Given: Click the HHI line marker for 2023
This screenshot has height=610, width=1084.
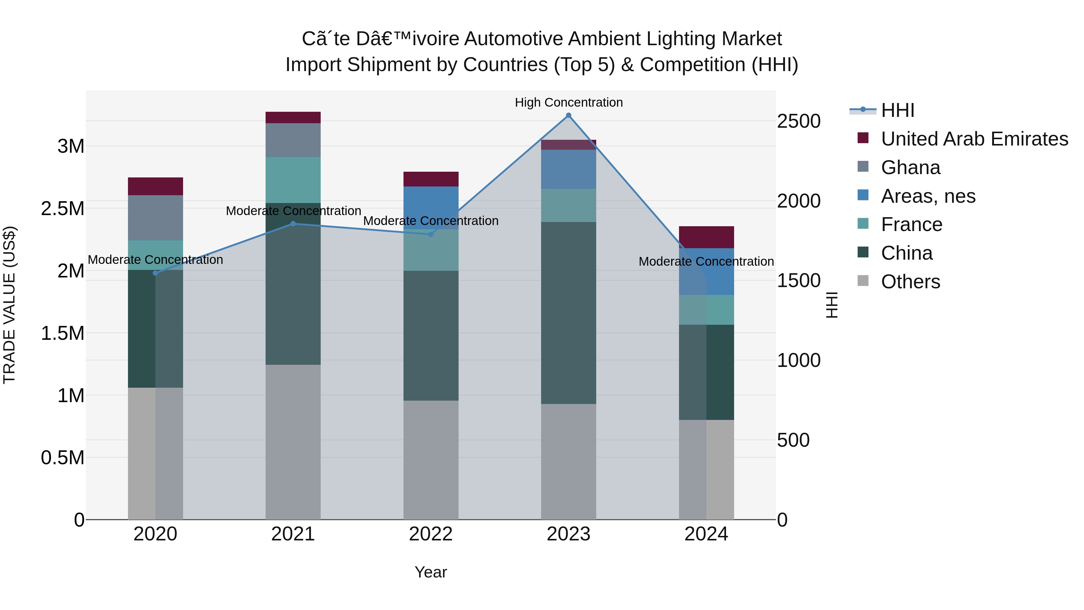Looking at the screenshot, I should pos(568,115).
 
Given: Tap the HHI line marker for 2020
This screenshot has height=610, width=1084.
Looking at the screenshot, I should pos(155,273).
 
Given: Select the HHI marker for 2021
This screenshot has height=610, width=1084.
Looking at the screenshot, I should pos(293,224).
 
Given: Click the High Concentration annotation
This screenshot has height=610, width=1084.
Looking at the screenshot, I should pos(568,102).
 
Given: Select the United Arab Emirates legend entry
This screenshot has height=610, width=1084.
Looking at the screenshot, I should pos(974,139).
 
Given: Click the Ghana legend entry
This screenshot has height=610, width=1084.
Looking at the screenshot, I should pos(910,167).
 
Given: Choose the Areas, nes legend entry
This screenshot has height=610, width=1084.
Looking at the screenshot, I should pos(928,196).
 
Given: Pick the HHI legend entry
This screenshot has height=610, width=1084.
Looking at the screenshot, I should pos(897,110).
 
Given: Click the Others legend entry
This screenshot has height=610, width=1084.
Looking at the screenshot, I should pos(910,282).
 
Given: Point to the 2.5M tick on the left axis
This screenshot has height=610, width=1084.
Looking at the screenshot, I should pos(63,209).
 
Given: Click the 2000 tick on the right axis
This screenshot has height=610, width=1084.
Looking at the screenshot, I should pos(798,201).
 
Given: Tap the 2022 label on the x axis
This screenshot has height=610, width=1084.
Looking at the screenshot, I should pos(431,534).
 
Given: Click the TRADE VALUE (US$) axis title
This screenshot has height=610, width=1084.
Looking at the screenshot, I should pos(9,305).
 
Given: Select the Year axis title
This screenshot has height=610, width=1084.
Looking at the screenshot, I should pos(431,572).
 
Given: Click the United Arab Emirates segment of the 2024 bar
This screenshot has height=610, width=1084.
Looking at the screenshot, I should pos(706,237).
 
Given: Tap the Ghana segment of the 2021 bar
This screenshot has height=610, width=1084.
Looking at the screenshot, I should pos(293,140).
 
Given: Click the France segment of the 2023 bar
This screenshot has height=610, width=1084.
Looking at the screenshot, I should pos(568,205).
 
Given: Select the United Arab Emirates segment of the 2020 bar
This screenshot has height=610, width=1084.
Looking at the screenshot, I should pos(155,186).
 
